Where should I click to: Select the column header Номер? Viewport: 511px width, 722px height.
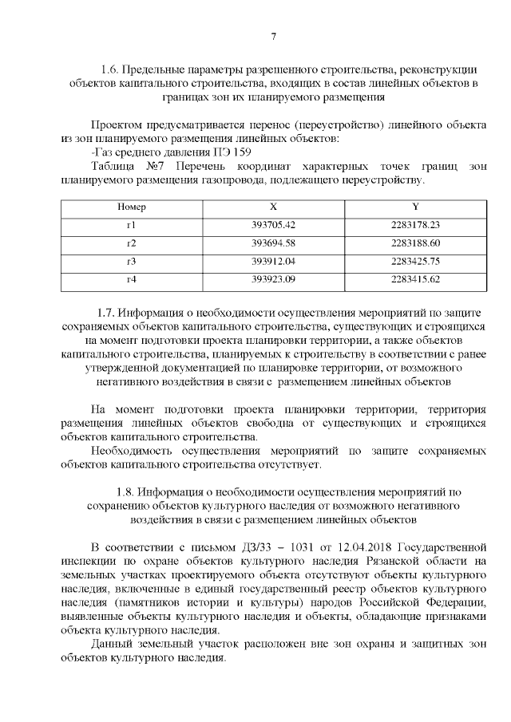pyautogui.click(x=132, y=207)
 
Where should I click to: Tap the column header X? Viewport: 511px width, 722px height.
pyautogui.click(x=274, y=207)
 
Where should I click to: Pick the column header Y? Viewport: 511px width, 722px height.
pyautogui.click(x=416, y=207)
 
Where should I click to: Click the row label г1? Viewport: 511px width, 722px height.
pyautogui.click(x=132, y=225)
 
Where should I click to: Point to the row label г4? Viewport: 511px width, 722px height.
pyautogui.click(x=132, y=279)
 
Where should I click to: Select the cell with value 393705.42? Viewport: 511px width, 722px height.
pyautogui.click(x=274, y=225)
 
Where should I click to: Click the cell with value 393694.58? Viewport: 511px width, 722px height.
pyautogui.click(x=274, y=243)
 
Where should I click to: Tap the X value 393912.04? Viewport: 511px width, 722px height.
pyautogui.click(x=274, y=262)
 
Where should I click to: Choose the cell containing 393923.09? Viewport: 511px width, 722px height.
pyautogui.click(x=274, y=279)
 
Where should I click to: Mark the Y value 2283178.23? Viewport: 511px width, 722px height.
pyautogui.click(x=416, y=225)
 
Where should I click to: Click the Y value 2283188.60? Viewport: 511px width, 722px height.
pyautogui.click(x=416, y=243)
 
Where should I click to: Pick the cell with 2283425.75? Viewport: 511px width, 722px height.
pyautogui.click(x=416, y=262)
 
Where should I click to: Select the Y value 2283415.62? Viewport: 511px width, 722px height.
pyautogui.click(x=416, y=279)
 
